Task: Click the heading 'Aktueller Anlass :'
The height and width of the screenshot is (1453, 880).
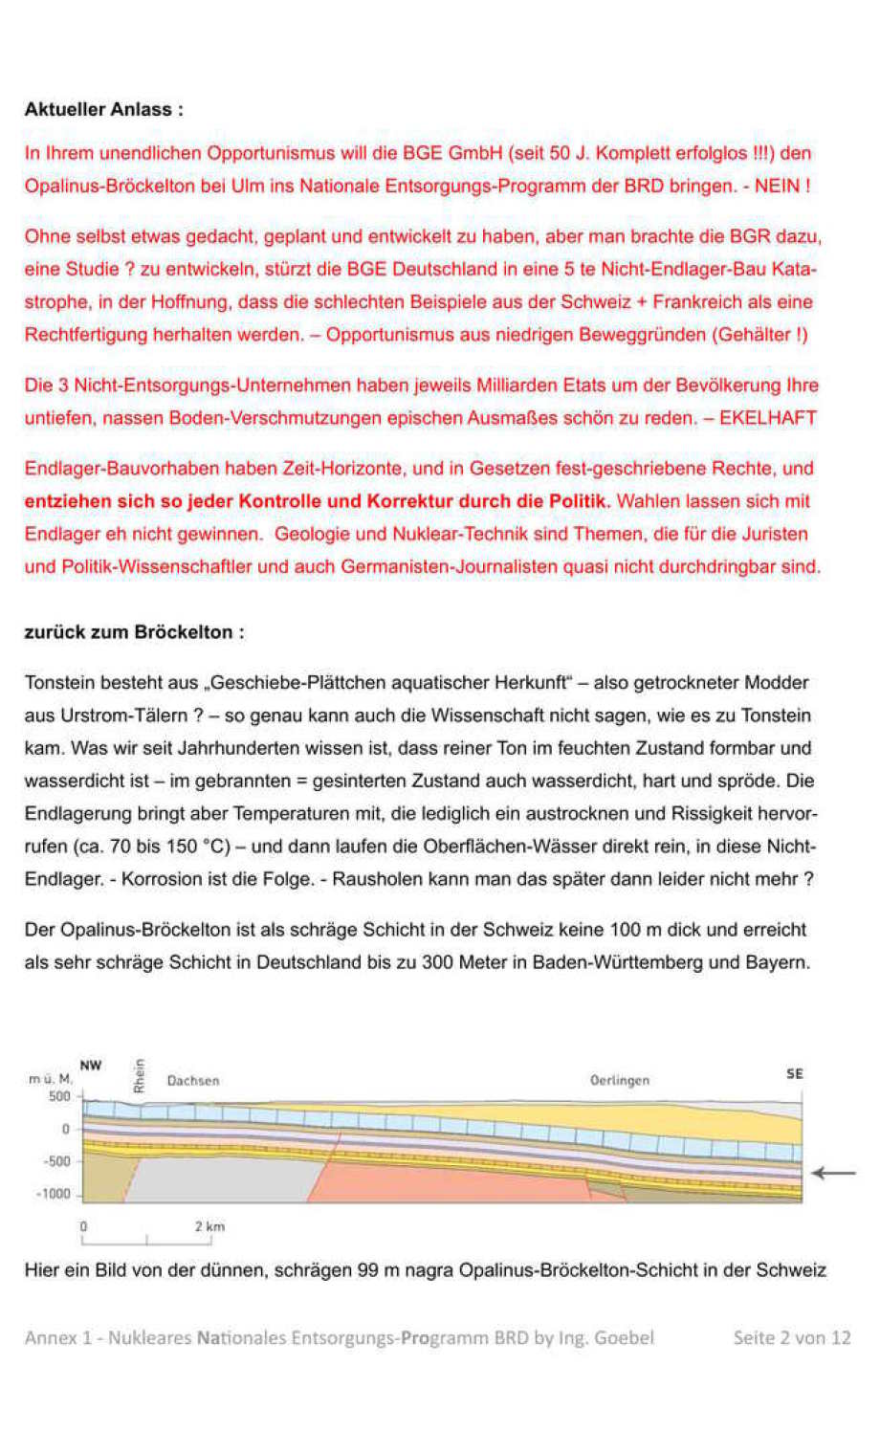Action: tap(103, 109)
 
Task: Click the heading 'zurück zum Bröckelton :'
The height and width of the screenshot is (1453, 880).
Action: tap(134, 632)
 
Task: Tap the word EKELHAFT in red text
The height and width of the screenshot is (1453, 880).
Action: tap(768, 418)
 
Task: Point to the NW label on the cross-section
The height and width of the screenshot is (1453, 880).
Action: tap(91, 1066)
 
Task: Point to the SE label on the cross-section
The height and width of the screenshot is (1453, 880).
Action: tap(794, 1074)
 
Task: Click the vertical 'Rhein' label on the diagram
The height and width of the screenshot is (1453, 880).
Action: tap(140, 1075)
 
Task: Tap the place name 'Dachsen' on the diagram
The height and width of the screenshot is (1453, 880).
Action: tap(193, 1081)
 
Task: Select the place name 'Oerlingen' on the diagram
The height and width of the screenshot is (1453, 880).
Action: tap(619, 1081)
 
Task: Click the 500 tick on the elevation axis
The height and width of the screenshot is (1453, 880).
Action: tap(59, 1096)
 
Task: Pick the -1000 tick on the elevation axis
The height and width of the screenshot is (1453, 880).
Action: tap(54, 1194)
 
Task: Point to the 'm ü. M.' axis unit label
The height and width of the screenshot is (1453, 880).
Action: tap(50, 1079)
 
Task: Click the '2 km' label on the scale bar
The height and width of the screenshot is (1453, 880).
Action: tap(209, 1226)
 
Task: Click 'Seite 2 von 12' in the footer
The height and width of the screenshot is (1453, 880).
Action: tap(791, 1337)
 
